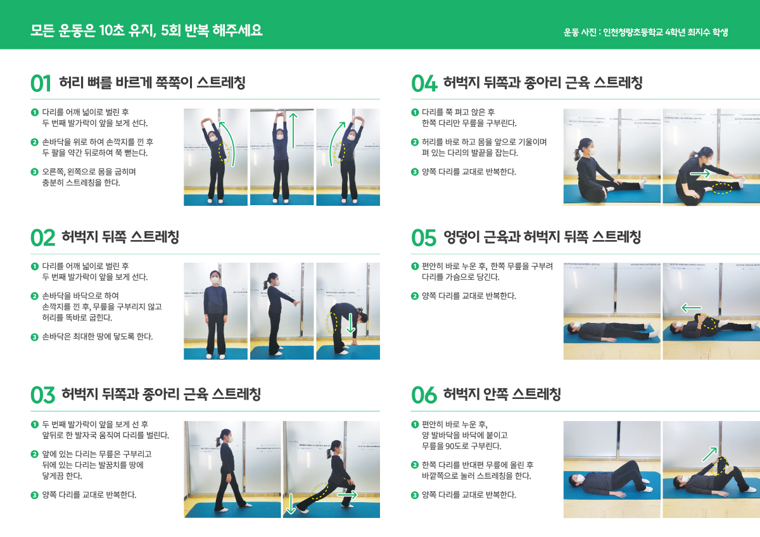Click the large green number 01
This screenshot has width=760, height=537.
[41, 84]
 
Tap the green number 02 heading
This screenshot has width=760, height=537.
[43, 238]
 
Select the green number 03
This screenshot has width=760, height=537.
[43, 395]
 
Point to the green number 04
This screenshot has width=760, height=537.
[424, 84]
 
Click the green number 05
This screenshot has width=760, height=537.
[424, 238]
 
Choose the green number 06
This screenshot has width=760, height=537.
[424, 395]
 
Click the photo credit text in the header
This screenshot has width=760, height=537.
[646, 32]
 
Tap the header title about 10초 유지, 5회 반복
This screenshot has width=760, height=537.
[146, 31]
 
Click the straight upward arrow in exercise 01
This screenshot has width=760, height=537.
[294, 130]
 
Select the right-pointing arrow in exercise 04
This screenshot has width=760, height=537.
[700, 173]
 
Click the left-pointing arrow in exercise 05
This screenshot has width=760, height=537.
[692, 308]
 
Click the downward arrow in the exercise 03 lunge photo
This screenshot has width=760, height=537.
[291, 503]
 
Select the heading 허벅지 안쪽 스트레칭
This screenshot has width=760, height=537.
[502, 395]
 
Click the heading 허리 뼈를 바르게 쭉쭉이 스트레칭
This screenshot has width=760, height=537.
[152, 83]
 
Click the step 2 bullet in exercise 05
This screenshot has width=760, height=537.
[415, 296]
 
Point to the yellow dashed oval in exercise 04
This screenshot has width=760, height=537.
[721, 188]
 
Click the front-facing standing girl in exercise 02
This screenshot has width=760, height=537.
[215, 310]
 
